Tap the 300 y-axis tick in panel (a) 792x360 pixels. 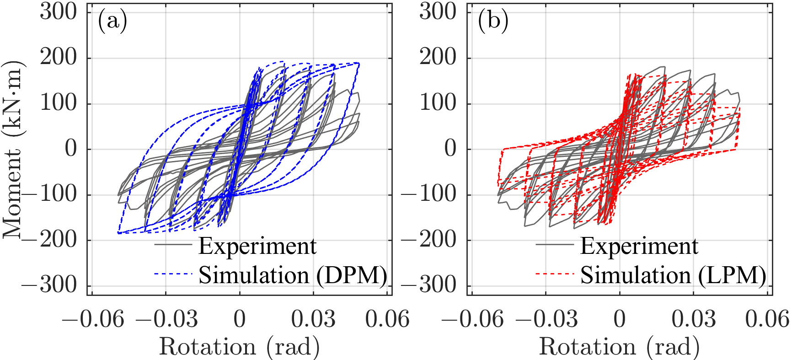click(59, 11)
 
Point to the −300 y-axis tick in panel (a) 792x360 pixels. click(49, 286)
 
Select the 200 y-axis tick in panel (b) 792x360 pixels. click(438, 57)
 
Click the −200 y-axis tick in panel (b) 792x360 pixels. click(429, 240)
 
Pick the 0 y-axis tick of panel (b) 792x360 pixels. click(451, 149)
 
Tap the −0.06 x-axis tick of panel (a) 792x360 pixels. click(93, 319)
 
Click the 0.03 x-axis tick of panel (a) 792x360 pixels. click(314, 319)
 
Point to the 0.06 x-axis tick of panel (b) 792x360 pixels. click(767, 319)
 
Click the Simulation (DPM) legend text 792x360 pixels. click(293, 275)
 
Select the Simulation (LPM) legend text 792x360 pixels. click(673, 275)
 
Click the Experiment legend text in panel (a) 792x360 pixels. click(257, 247)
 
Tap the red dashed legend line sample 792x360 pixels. click(554, 274)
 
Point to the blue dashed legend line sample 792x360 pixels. click(173, 274)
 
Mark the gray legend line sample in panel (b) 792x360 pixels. click(554, 245)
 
